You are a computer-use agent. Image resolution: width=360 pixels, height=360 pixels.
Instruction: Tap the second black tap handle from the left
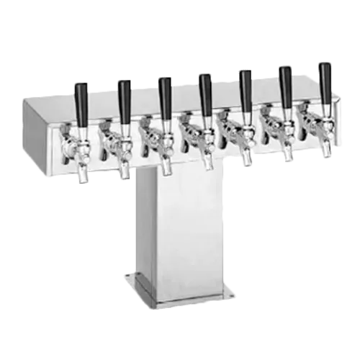point(123,94)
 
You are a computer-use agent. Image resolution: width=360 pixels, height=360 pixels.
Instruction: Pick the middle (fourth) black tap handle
point(204,88)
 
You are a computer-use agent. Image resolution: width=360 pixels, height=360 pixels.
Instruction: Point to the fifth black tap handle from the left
point(246,84)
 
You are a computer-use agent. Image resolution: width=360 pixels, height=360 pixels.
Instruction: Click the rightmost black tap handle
point(326,78)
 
